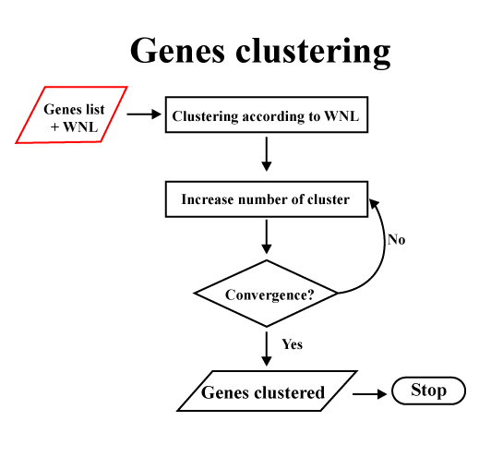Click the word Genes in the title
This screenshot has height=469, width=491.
[177, 50]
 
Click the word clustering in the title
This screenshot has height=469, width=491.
[313, 53]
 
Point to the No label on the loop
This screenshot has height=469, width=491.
[397, 240]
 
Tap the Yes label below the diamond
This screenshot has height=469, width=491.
[293, 344]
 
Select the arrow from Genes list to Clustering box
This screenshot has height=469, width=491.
[144, 114]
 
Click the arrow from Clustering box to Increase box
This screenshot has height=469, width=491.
[267, 154]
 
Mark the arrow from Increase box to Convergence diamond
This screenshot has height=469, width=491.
[267, 236]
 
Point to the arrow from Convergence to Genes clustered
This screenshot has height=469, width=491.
[267, 348]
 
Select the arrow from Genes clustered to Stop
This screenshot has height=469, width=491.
[370, 394]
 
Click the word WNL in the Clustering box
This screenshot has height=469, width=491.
[341, 116]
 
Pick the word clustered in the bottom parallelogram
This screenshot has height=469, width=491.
[290, 392]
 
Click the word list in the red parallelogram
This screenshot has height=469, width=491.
[95, 109]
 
